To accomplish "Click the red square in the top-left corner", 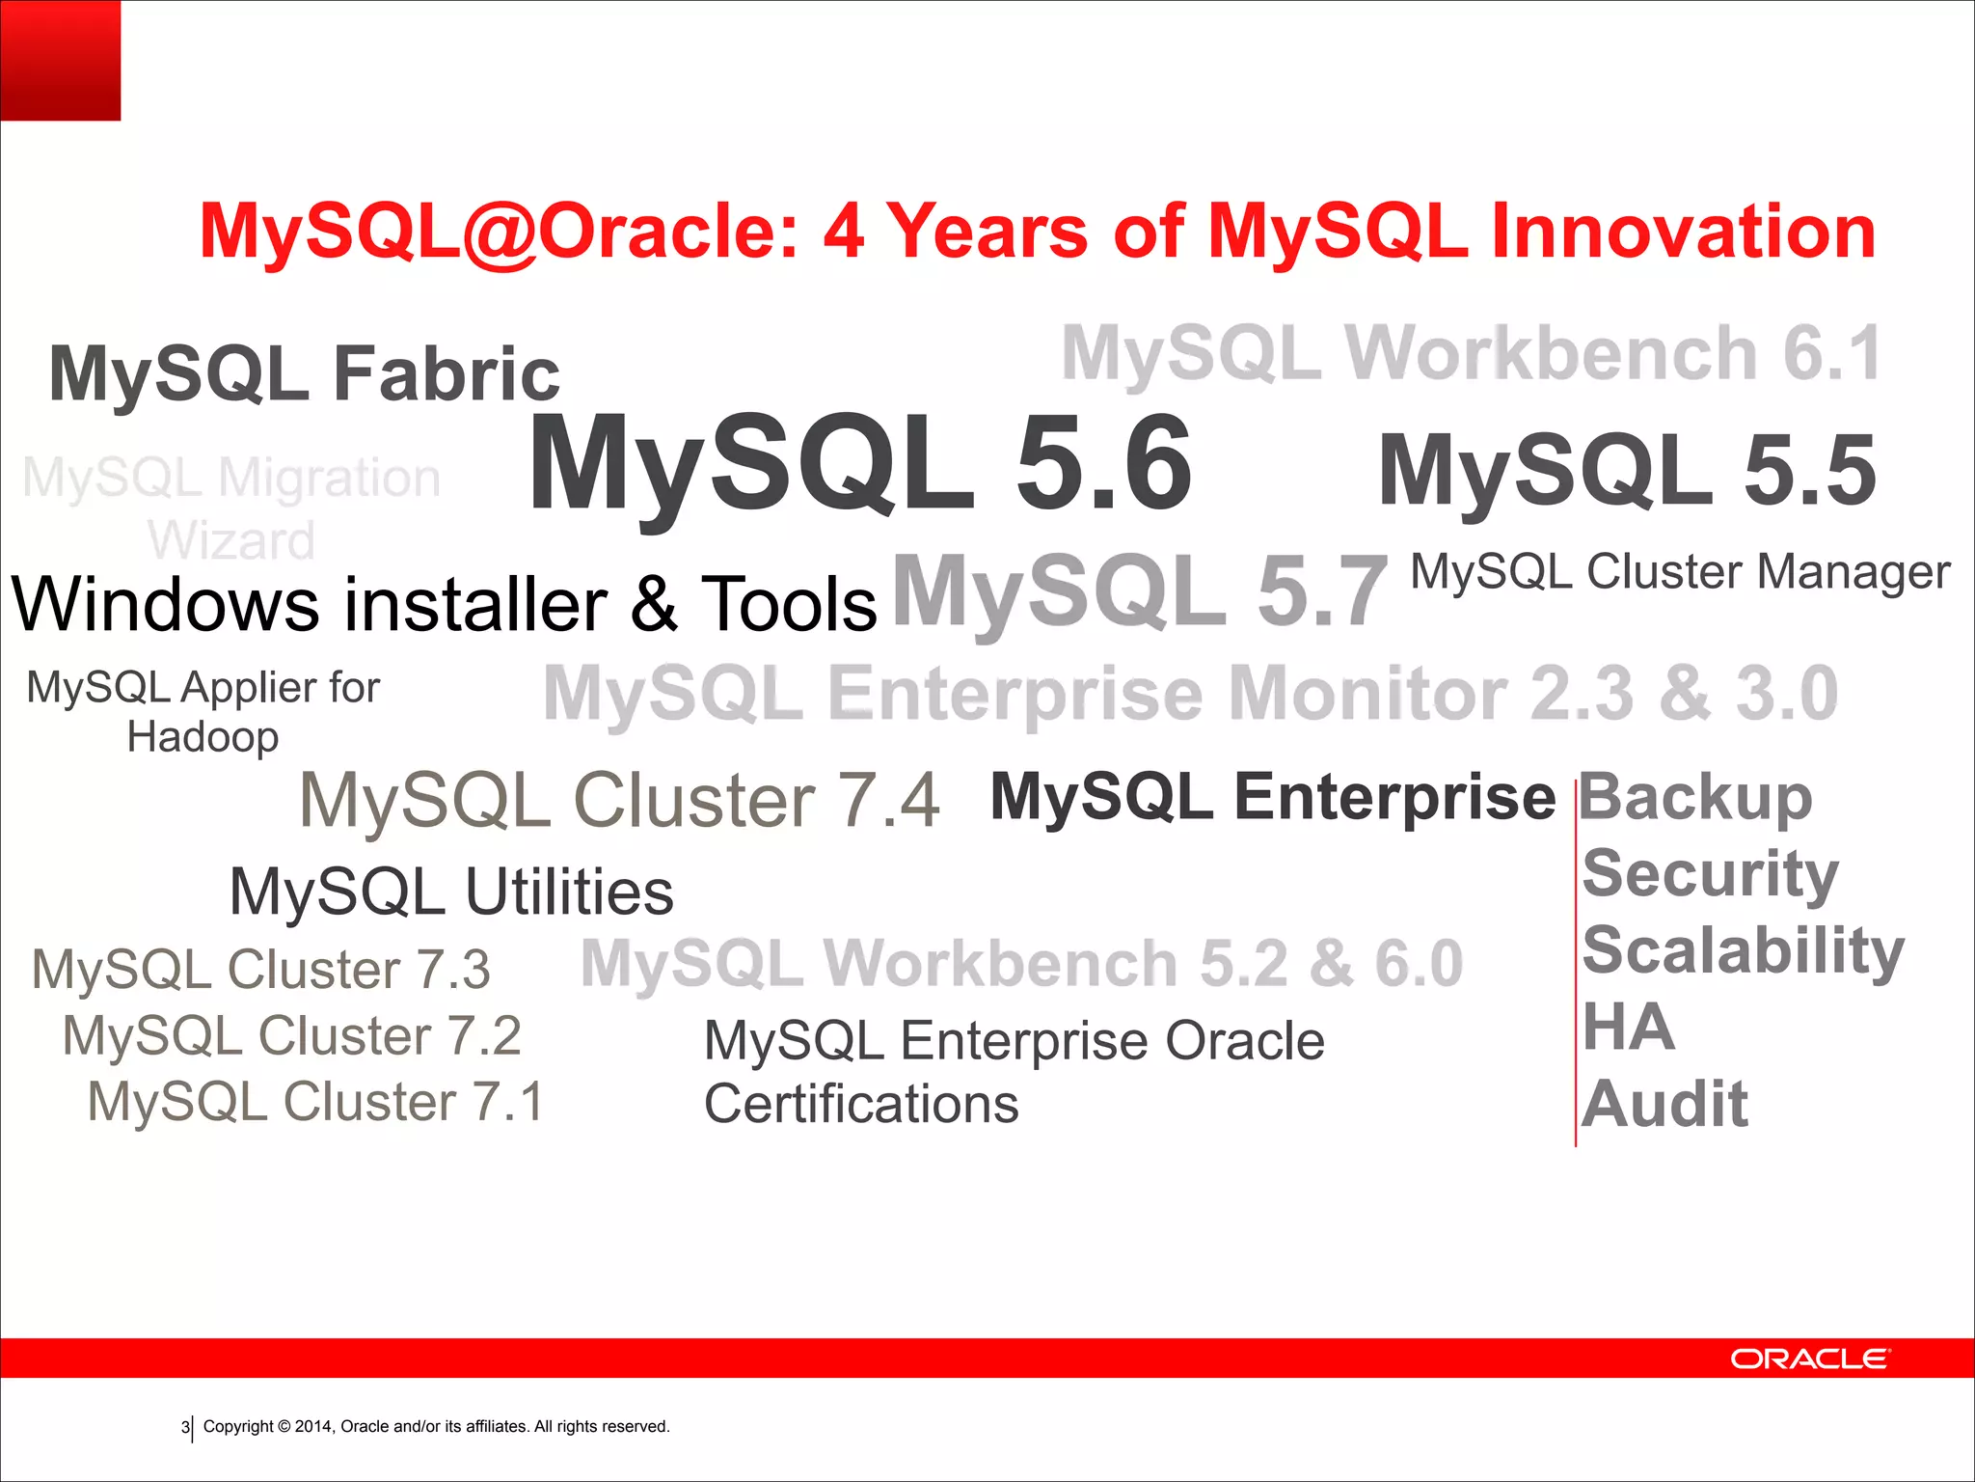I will (x=60, y=60).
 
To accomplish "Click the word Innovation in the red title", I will (x=1683, y=232).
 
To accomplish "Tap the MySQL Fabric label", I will (x=304, y=374).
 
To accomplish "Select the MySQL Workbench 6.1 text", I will (x=1471, y=354).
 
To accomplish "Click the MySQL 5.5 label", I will (x=1627, y=471).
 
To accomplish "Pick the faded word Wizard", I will (x=231, y=540).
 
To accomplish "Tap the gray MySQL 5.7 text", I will (x=1139, y=591).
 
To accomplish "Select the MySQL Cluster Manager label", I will (x=1680, y=572).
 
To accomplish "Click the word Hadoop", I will (x=203, y=738).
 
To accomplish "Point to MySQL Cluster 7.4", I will (x=619, y=801).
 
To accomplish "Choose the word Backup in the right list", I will (x=1695, y=798).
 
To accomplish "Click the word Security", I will (x=1710, y=874).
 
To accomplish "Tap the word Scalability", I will (x=1743, y=951).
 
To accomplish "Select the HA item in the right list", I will (x=1628, y=1028).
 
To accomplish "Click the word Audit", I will (x=1664, y=1104).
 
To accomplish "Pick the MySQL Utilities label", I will (x=451, y=892).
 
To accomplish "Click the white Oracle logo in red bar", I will (x=1810, y=1359).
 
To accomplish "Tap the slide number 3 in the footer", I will (x=185, y=1427).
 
